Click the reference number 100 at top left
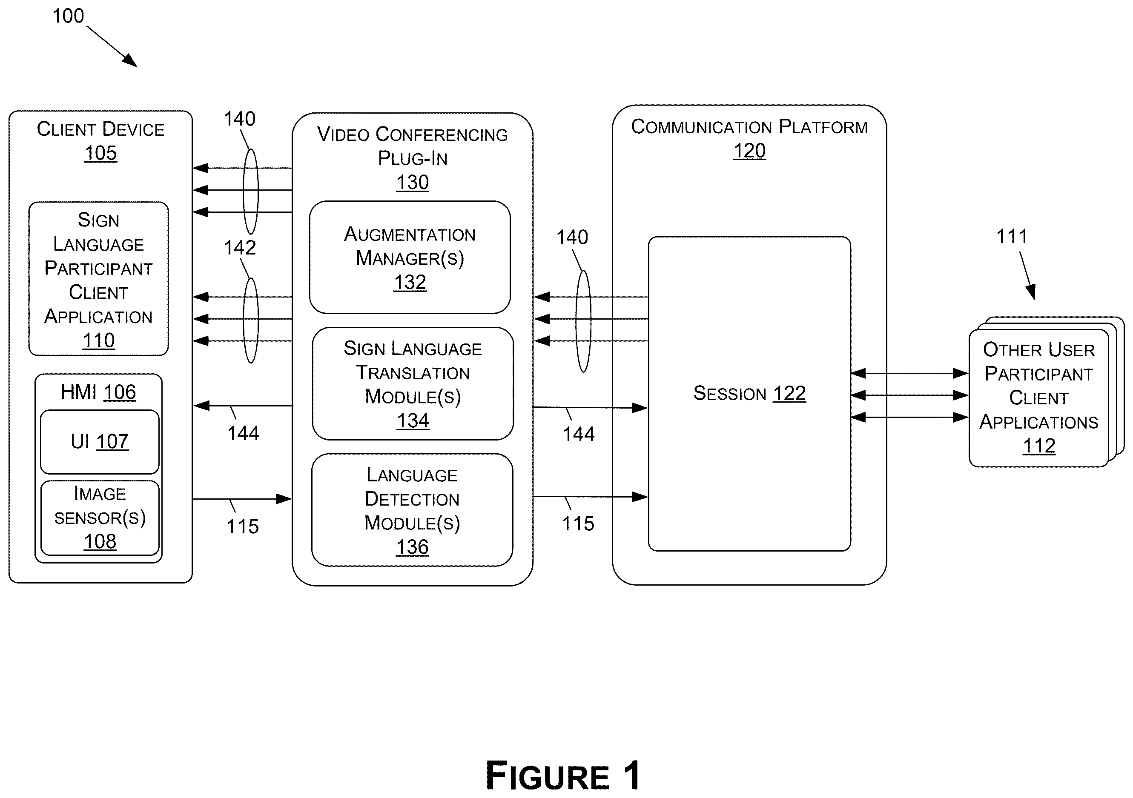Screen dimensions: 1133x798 coord(68,16)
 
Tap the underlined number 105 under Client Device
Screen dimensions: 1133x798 coord(100,153)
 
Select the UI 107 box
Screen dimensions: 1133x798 coord(100,441)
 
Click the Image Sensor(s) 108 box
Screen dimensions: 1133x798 coord(100,518)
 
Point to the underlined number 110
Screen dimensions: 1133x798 coord(99,341)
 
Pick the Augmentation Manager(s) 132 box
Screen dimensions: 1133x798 coord(410,257)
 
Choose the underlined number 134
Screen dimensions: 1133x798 coord(413,420)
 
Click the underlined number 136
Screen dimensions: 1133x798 coord(412,547)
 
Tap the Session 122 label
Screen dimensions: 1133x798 coord(749,394)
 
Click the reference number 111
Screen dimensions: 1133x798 coord(1012,237)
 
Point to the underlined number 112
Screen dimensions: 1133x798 coord(1039,446)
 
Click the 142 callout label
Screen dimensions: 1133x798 coord(240,248)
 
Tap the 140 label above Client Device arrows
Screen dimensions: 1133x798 coord(239,119)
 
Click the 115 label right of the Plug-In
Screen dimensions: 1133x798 coord(578,524)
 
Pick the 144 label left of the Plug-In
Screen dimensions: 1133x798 coord(243,434)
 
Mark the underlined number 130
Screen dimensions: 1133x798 coord(413,183)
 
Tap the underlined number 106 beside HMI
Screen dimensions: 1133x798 coord(119,392)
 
